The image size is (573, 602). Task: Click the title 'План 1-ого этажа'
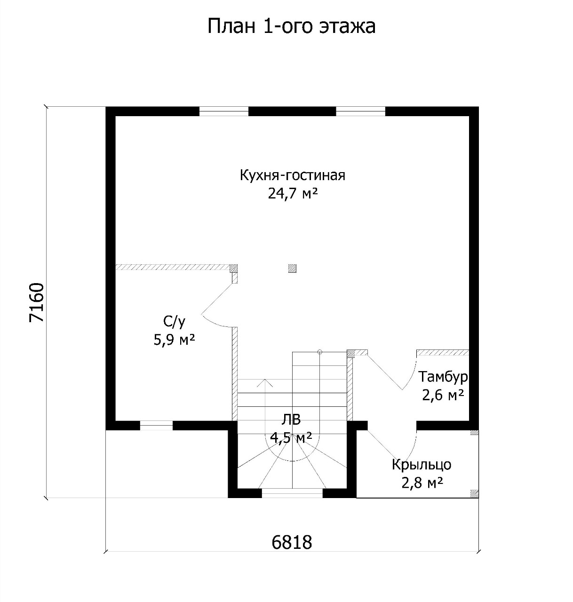click(291, 26)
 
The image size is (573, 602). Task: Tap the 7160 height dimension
click(37, 302)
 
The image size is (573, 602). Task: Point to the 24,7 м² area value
click(292, 193)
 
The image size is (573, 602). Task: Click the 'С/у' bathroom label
click(175, 322)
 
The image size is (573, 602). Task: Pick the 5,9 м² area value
click(175, 340)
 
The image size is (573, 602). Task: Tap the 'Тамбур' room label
click(443, 377)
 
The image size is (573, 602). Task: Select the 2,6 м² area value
click(443, 395)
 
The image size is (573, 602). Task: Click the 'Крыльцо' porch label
click(422, 465)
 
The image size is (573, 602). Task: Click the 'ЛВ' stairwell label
click(291, 420)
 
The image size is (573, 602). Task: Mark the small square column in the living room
click(292, 269)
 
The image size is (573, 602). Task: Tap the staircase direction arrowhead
click(265, 383)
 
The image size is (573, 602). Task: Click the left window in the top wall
click(223, 111)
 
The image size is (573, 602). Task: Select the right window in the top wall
click(361, 111)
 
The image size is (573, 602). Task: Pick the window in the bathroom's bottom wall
click(156, 426)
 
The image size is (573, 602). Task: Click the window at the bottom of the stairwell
click(292, 493)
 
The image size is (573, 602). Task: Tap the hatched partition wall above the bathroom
click(173, 267)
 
